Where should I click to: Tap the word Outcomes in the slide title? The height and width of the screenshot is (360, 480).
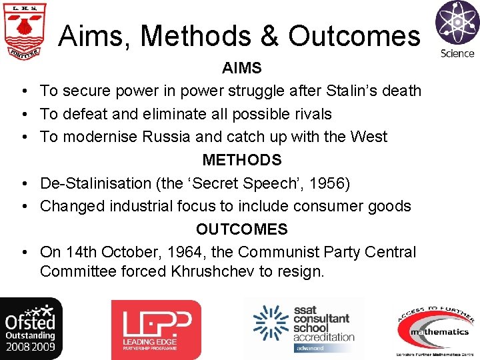pos(355,36)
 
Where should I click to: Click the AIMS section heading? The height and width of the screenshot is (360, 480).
pos(241,68)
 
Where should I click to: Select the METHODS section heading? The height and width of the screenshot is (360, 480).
pos(241,160)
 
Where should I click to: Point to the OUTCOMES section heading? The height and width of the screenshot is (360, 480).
pos(241,229)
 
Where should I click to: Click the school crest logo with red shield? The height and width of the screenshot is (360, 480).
pos(26,31)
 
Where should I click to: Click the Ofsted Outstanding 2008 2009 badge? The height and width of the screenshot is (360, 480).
pos(31,329)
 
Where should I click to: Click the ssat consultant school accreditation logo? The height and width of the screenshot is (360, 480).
pos(304,328)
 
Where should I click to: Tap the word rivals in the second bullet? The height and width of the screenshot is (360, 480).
pos(312,114)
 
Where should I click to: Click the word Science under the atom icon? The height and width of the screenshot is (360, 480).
pos(457,53)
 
